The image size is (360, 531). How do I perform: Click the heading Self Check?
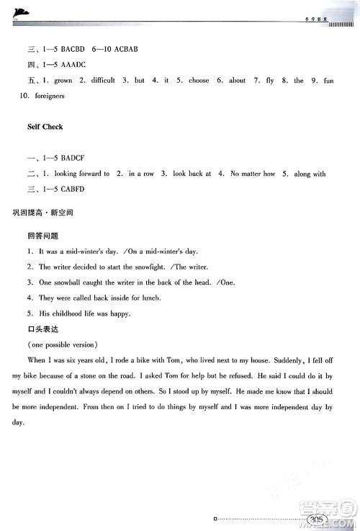point(45,127)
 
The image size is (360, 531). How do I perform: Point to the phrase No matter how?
point(253,174)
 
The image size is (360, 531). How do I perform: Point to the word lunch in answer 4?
point(149,298)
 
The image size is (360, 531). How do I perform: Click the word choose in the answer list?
point(199,81)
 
